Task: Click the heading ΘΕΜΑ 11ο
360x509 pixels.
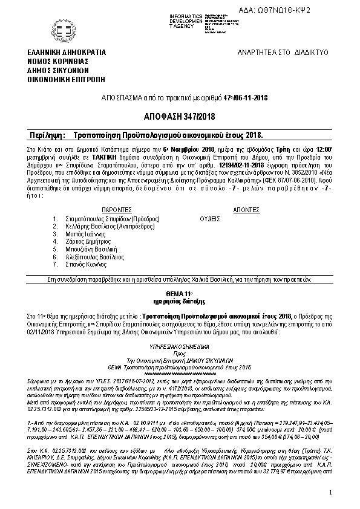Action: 179,293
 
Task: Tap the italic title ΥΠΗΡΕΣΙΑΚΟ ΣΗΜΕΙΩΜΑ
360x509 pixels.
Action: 179,348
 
